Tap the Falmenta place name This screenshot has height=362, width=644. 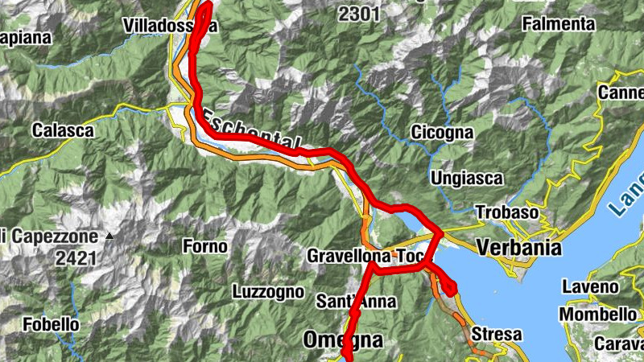[558, 24]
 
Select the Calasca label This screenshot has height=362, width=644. [63, 130]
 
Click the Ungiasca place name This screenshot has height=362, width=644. [467, 177]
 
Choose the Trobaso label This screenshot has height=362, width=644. [506, 212]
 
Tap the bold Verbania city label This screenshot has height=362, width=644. [518, 248]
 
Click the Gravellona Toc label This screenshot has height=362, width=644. [365, 257]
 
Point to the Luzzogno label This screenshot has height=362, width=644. [267, 291]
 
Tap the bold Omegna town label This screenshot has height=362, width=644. [342, 340]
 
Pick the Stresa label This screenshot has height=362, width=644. [497, 334]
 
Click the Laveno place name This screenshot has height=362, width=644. [590, 287]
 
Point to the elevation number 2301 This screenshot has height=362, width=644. [358, 14]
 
